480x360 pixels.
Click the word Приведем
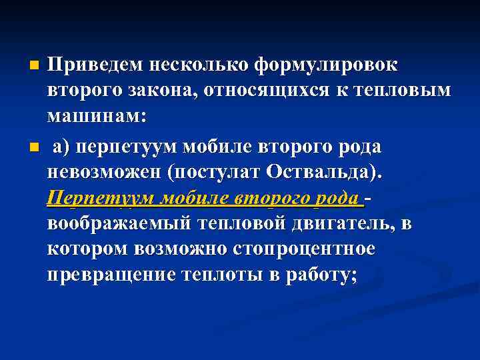point(95,65)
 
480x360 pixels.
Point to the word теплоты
point(215,274)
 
